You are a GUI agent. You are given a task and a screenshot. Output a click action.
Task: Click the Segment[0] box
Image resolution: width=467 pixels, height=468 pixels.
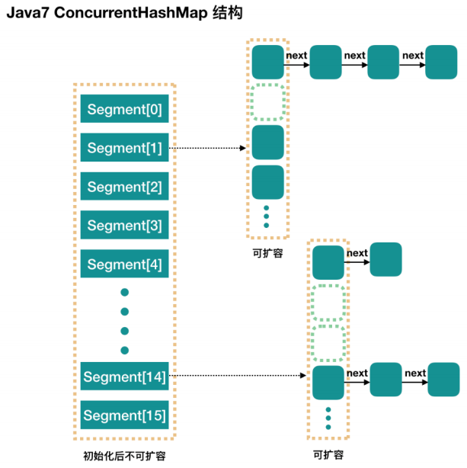click(x=124, y=109)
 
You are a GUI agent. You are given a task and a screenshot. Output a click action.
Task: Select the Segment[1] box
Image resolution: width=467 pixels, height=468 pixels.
click(x=124, y=148)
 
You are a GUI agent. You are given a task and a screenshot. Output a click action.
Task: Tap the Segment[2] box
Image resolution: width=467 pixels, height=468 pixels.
click(x=124, y=186)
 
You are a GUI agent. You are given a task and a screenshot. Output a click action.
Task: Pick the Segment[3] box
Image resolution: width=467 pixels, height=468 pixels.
click(x=124, y=226)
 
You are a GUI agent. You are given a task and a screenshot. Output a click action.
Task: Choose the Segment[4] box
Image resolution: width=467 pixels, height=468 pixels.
click(x=124, y=264)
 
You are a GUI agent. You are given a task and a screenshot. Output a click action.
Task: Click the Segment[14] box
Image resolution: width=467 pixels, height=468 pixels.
click(x=124, y=377)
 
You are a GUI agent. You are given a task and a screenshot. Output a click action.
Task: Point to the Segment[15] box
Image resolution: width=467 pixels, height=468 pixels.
click(x=124, y=415)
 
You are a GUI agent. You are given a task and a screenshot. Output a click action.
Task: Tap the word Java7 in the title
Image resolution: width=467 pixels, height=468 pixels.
click(x=28, y=14)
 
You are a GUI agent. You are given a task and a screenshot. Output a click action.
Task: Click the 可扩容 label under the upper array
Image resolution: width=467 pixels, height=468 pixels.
click(x=267, y=253)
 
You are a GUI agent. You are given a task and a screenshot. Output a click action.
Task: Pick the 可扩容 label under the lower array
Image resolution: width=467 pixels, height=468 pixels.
click(x=328, y=455)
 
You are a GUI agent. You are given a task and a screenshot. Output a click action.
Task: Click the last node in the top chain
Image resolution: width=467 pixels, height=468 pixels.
click(x=441, y=62)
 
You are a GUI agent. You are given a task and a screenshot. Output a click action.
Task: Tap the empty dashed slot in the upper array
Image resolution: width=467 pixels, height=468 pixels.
click(x=267, y=102)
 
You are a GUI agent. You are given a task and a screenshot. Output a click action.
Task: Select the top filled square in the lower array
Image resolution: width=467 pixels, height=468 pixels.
click(x=328, y=261)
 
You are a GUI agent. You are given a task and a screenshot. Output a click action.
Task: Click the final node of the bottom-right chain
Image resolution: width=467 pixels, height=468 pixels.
click(x=443, y=379)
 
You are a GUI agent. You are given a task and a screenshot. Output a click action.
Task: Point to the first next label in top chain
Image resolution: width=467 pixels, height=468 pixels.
click(x=296, y=55)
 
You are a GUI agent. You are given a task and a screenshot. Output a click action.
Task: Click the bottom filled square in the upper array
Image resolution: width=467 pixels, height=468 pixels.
click(x=267, y=181)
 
